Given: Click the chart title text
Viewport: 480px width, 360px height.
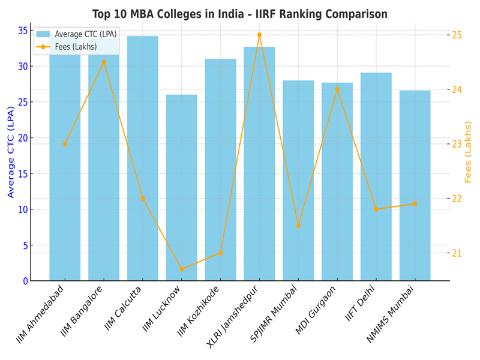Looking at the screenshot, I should coord(240,14).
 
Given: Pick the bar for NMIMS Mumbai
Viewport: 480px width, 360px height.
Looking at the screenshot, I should coord(415,185).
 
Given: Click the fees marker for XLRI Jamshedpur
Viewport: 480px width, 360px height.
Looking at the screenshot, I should coord(259,35).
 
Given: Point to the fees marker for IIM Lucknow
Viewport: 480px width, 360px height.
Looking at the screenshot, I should coord(181,269).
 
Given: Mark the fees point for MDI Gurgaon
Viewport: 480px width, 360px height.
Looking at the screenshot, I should coord(337,89).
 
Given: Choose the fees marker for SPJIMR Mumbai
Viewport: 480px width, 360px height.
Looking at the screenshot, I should coord(298,225).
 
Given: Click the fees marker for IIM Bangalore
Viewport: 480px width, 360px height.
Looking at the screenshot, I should coord(104,62).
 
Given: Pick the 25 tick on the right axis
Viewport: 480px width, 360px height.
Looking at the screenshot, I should coord(457,35).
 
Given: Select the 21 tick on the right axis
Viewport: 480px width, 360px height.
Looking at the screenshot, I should coord(457,253).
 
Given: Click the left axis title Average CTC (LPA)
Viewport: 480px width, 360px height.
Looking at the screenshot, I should coord(10,156).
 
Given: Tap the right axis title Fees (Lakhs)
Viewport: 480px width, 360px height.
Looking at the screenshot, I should coord(469,152).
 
